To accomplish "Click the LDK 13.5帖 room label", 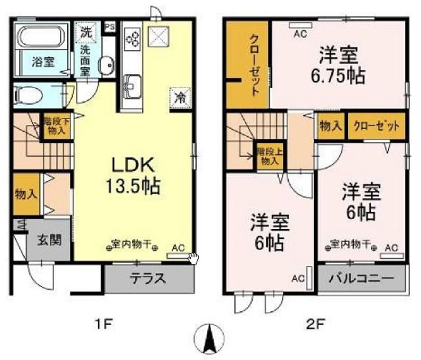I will coord(135,175).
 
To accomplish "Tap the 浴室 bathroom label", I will coord(43,62).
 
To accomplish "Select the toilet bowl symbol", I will coord(29,93).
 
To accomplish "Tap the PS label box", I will coord(109,27).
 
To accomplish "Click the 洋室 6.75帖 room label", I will coord(338,64).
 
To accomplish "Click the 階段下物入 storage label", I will coord(55,126).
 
